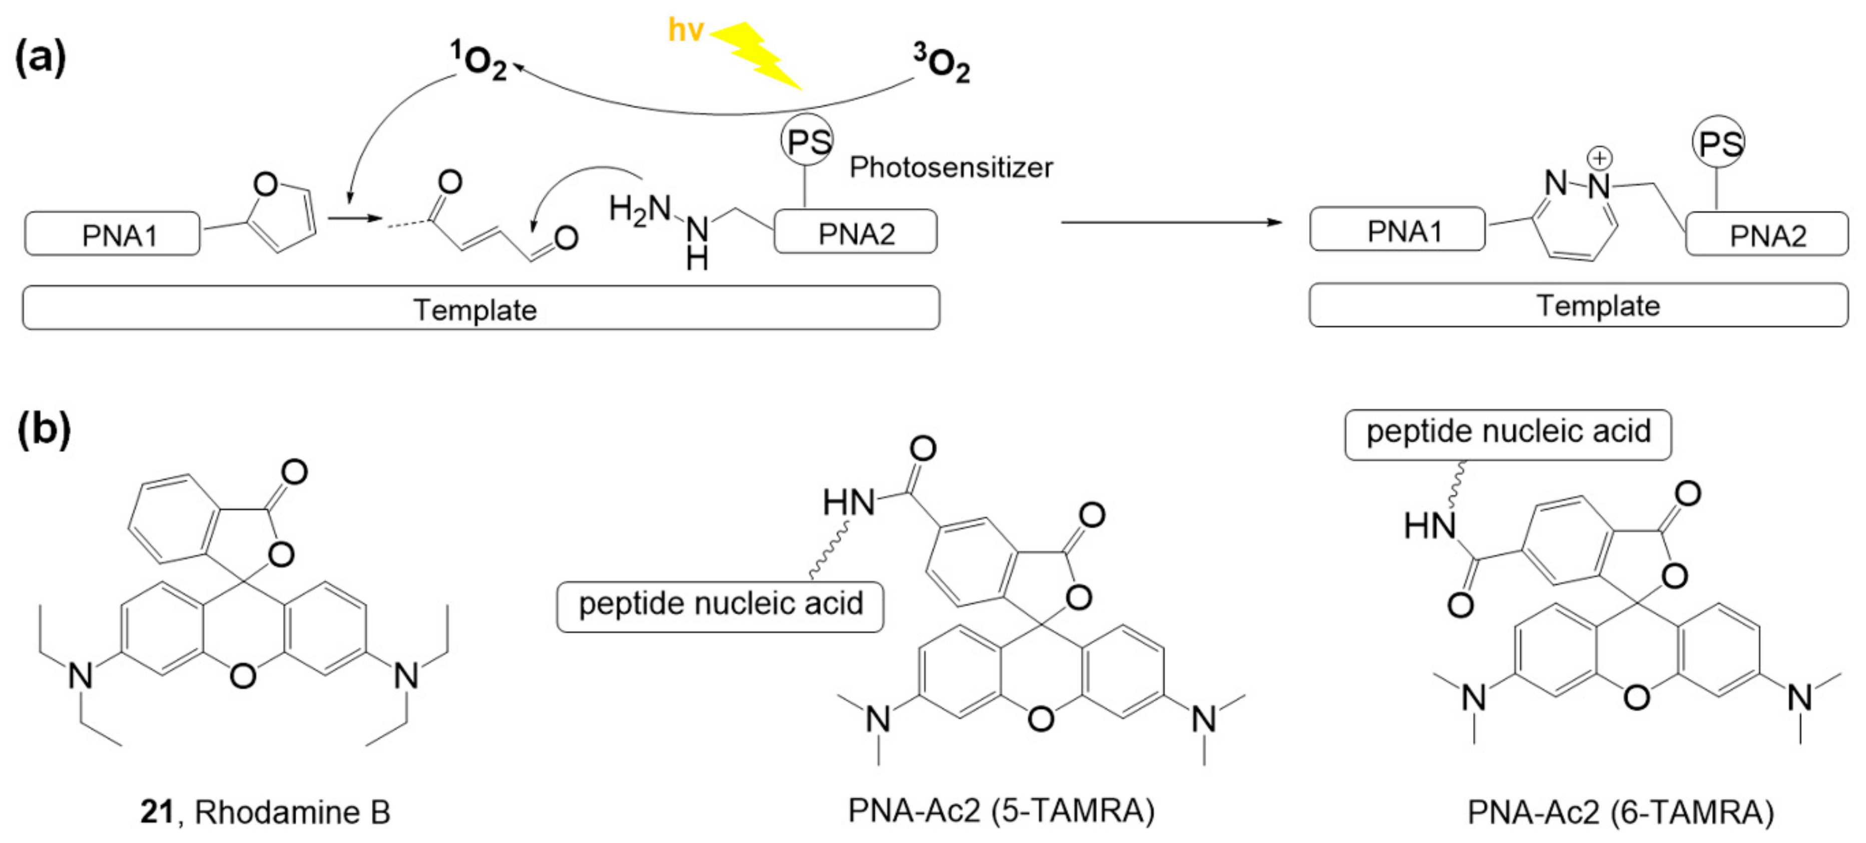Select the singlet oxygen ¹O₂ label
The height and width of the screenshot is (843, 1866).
tap(478, 61)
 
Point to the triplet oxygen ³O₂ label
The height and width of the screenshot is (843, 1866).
tap(941, 64)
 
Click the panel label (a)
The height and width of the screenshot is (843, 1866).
tap(41, 58)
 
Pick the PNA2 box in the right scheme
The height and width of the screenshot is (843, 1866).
tap(1767, 235)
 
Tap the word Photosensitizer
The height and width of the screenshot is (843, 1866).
tap(951, 167)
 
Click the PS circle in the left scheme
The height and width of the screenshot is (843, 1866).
tap(807, 141)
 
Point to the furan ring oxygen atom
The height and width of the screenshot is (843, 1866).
tap(265, 185)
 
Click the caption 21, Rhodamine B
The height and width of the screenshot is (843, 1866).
tap(265, 812)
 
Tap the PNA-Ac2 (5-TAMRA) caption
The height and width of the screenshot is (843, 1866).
tap(1001, 810)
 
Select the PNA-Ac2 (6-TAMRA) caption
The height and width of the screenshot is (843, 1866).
tap(1620, 812)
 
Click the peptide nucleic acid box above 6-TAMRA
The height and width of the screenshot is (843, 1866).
tap(1508, 433)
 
